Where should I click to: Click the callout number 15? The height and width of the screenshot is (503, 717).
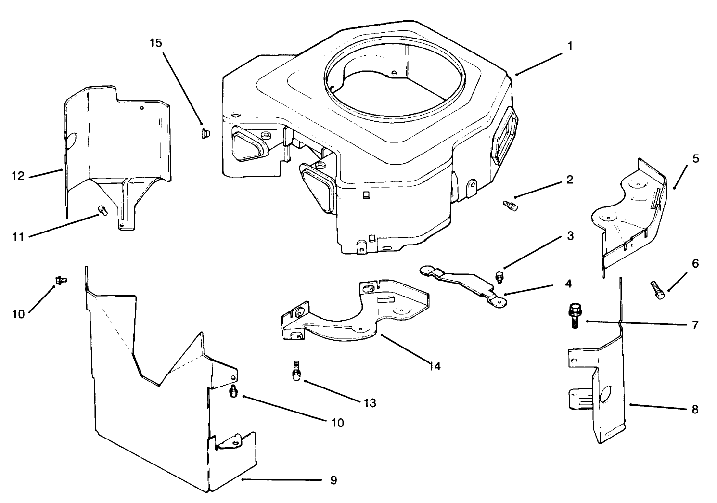point(155,42)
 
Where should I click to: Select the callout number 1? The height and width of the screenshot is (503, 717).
point(570,46)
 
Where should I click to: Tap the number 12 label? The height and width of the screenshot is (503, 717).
point(18,176)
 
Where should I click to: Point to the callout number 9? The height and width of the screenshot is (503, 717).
point(333,480)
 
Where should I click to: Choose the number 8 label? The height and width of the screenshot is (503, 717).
point(694,410)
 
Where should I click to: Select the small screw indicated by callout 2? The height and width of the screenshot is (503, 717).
point(510,206)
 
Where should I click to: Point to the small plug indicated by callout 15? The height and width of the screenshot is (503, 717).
point(205,132)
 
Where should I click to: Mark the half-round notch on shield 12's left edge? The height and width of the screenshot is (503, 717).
point(71,141)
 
